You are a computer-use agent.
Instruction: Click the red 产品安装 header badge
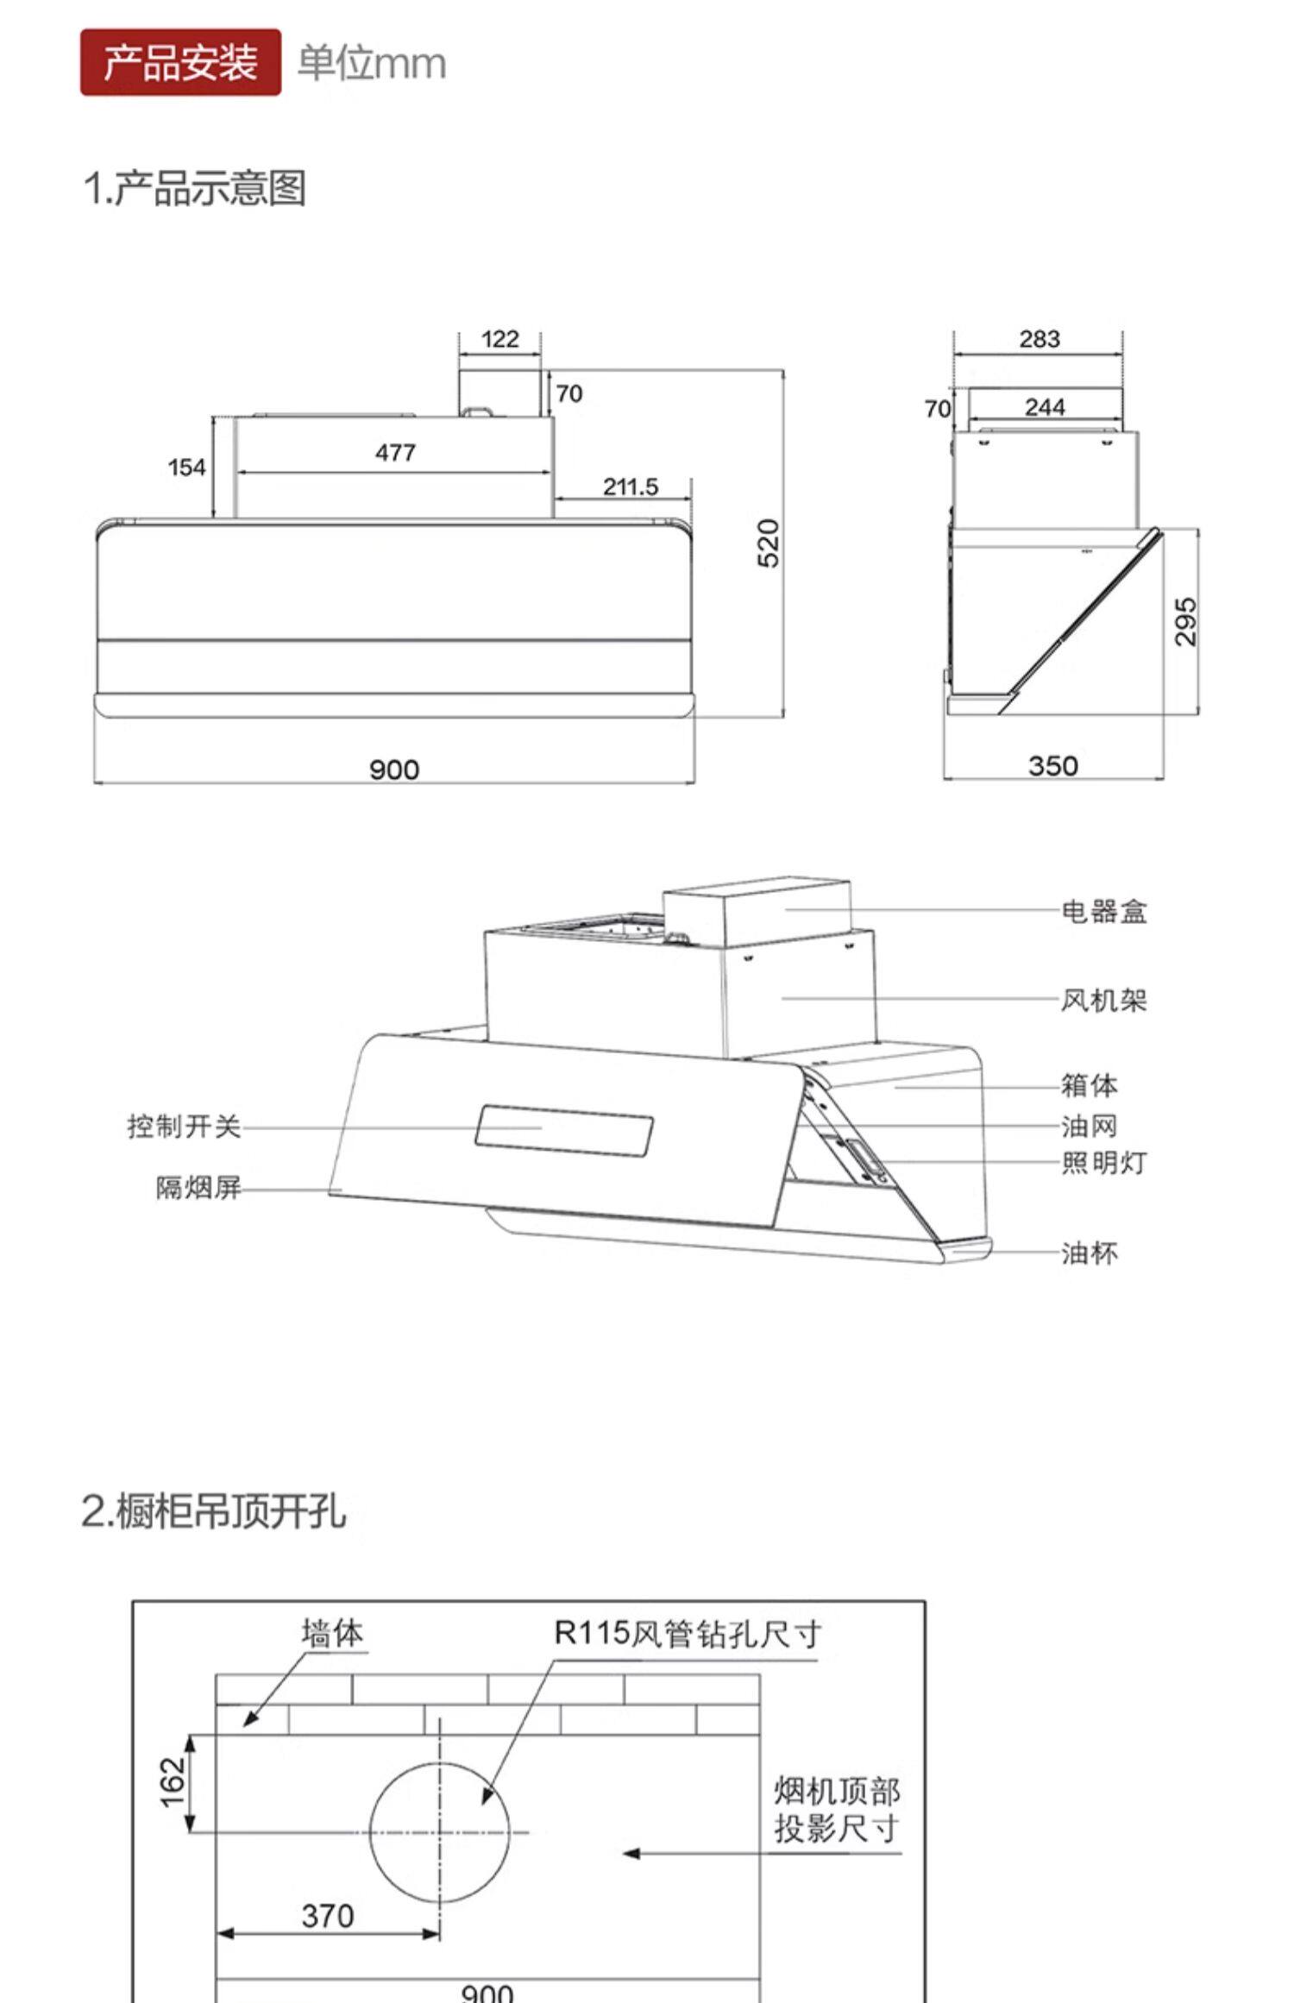[180, 63]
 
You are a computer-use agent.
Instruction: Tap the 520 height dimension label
[768, 543]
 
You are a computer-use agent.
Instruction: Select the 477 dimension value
[395, 452]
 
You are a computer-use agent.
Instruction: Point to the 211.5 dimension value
[630, 487]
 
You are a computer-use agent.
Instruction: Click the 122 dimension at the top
[499, 339]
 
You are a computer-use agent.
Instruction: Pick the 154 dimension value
[186, 468]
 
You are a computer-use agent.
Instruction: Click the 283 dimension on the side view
[1039, 339]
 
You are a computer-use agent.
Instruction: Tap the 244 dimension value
[1045, 406]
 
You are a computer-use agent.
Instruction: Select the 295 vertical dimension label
[1186, 621]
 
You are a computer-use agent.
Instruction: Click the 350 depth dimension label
[1052, 766]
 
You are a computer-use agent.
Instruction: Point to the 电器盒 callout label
[1103, 911]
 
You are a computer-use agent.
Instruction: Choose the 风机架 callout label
[1103, 1000]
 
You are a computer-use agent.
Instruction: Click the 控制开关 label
[184, 1126]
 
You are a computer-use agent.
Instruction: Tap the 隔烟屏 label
[198, 1188]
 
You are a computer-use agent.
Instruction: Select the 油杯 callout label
[1090, 1253]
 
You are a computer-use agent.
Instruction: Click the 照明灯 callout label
[1103, 1163]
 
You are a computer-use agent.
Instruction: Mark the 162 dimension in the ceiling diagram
[173, 1781]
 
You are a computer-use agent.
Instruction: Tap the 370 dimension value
[328, 1916]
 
